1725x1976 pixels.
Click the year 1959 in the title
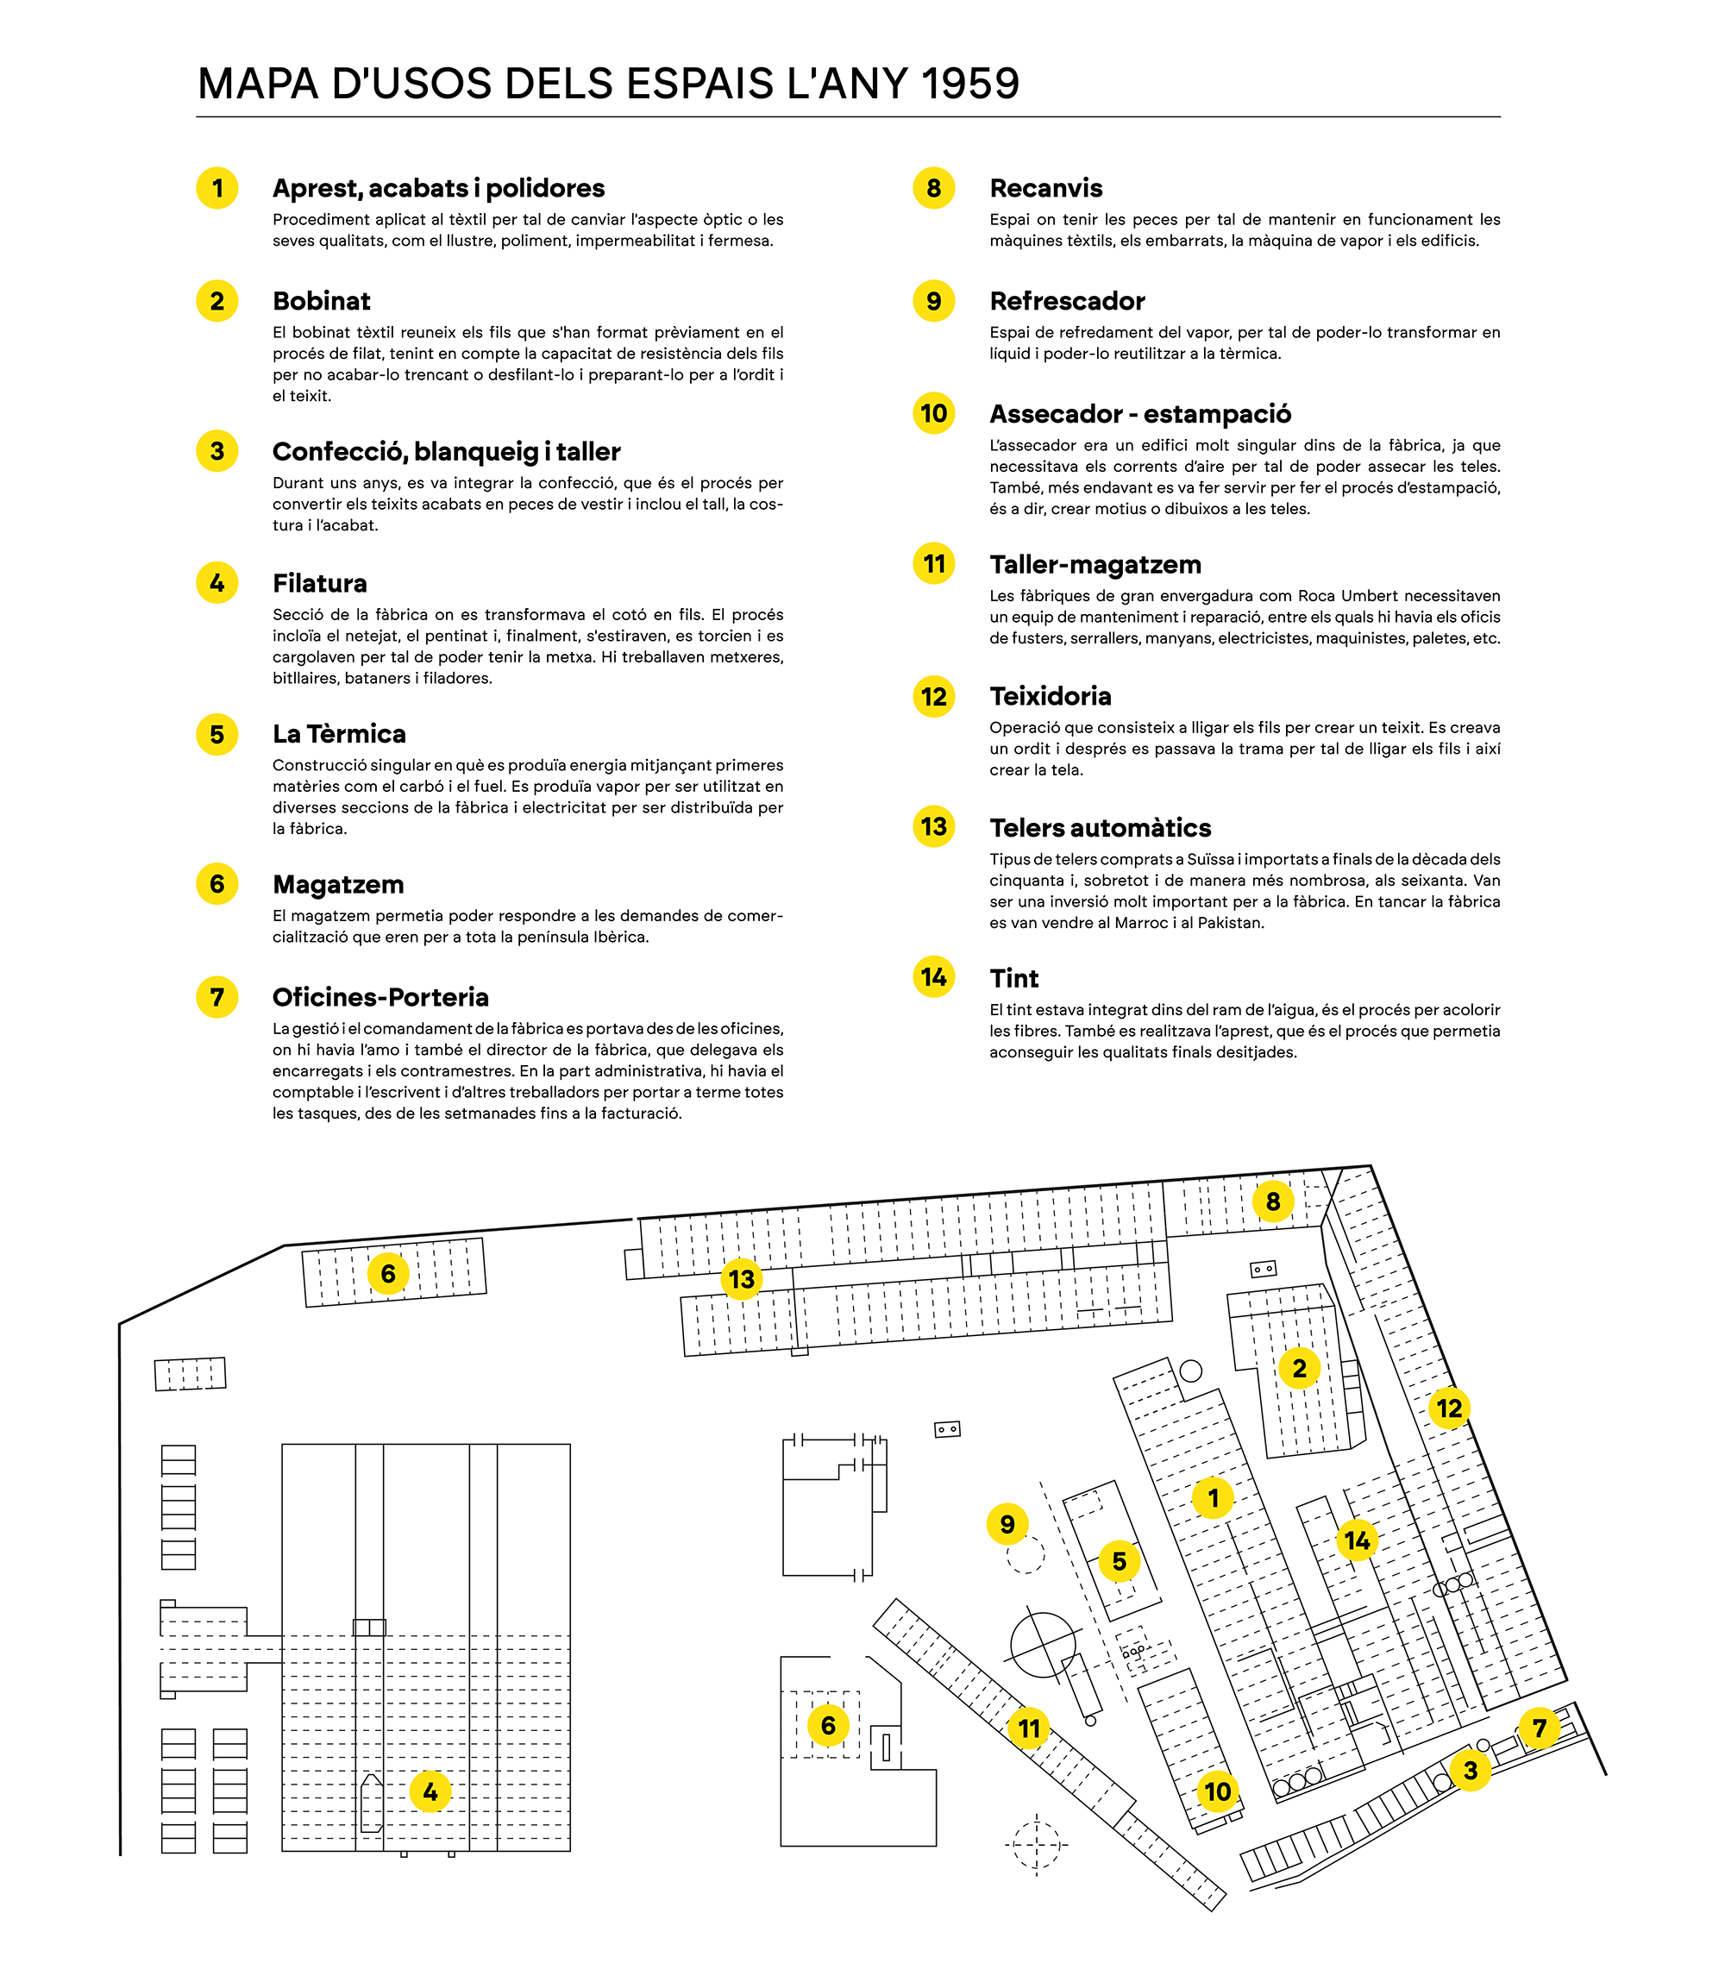pos(969,84)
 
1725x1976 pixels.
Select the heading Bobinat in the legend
pos(322,301)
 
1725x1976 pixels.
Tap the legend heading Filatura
pos(320,583)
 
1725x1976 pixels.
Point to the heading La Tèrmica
pos(339,733)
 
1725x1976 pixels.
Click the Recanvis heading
pos(1045,188)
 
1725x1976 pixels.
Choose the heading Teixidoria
pos(1051,696)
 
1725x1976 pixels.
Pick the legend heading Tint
pos(1013,978)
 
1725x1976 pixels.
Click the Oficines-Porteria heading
pos(380,997)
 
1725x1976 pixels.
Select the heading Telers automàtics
pos(1101,828)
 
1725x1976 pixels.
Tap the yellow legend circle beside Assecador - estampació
pos(934,414)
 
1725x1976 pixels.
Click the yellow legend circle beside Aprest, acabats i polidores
pos(217,188)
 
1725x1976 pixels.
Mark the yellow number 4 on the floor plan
pos(430,1791)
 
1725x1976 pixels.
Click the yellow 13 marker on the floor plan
pos(741,1279)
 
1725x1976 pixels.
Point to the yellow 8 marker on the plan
pos(1272,1201)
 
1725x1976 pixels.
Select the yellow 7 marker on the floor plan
pos(1540,1728)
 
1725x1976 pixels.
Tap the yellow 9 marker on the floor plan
pos(1007,1524)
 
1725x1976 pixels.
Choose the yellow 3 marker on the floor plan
pos(1470,1769)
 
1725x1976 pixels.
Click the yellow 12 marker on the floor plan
pos(1449,1408)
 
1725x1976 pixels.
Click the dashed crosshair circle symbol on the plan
pos(1036,1845)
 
